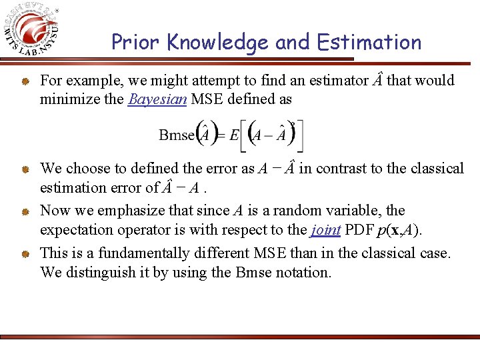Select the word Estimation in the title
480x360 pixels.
369,43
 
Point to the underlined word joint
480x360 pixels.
325,229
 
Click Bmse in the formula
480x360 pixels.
176,135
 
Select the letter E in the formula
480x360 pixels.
235,135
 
